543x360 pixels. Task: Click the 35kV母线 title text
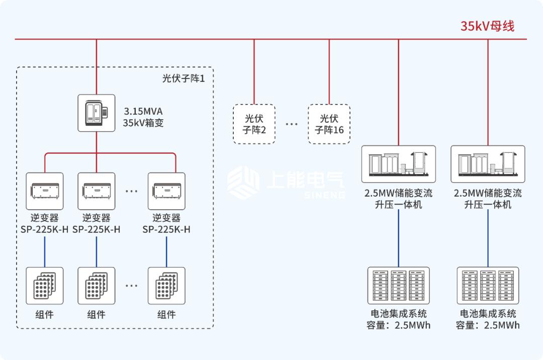pos(487,26)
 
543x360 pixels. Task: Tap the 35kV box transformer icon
pos(96,113)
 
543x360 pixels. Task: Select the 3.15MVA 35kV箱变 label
pos(143,116)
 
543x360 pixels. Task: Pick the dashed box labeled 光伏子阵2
pos(254,124)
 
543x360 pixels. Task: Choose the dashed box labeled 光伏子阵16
pos(329,124)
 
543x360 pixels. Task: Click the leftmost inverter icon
pos(45,191)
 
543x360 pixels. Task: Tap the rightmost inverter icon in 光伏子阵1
pos(166,191)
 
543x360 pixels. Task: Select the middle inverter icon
pos(96,191)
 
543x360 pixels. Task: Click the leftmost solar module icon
pos(45,286)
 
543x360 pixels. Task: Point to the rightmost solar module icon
pos(166,286)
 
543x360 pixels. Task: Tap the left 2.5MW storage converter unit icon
pos(399,164)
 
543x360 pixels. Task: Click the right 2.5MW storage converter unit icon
pos(488,164)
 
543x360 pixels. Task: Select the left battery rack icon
pos(399,285)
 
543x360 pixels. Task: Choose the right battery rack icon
pos(488,285)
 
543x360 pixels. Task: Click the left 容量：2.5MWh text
pos(399,325)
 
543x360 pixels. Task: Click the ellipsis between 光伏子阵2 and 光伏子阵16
pos(292,124)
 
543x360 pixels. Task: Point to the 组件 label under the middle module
pos(96,315)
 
